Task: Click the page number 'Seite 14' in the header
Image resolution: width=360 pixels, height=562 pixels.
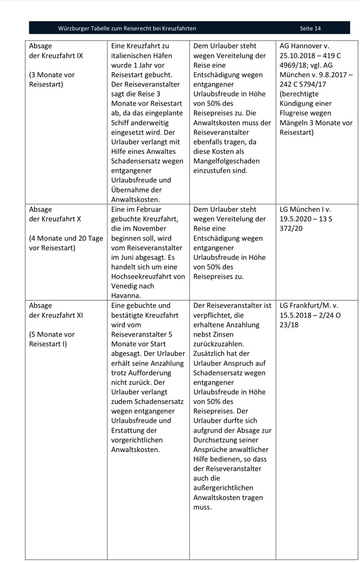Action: point(310,29)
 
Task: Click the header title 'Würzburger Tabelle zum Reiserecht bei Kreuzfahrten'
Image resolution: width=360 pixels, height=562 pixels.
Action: point(127,29)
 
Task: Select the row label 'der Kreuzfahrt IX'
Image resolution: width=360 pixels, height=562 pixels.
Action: point(56,56)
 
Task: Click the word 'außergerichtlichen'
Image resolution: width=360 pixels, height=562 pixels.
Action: point(223,488)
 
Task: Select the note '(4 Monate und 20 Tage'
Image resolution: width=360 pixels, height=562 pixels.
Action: point(66,238)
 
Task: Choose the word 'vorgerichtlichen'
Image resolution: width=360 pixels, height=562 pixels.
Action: point(136,440)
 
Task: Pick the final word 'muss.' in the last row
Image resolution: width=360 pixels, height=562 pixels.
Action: point(202,507)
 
